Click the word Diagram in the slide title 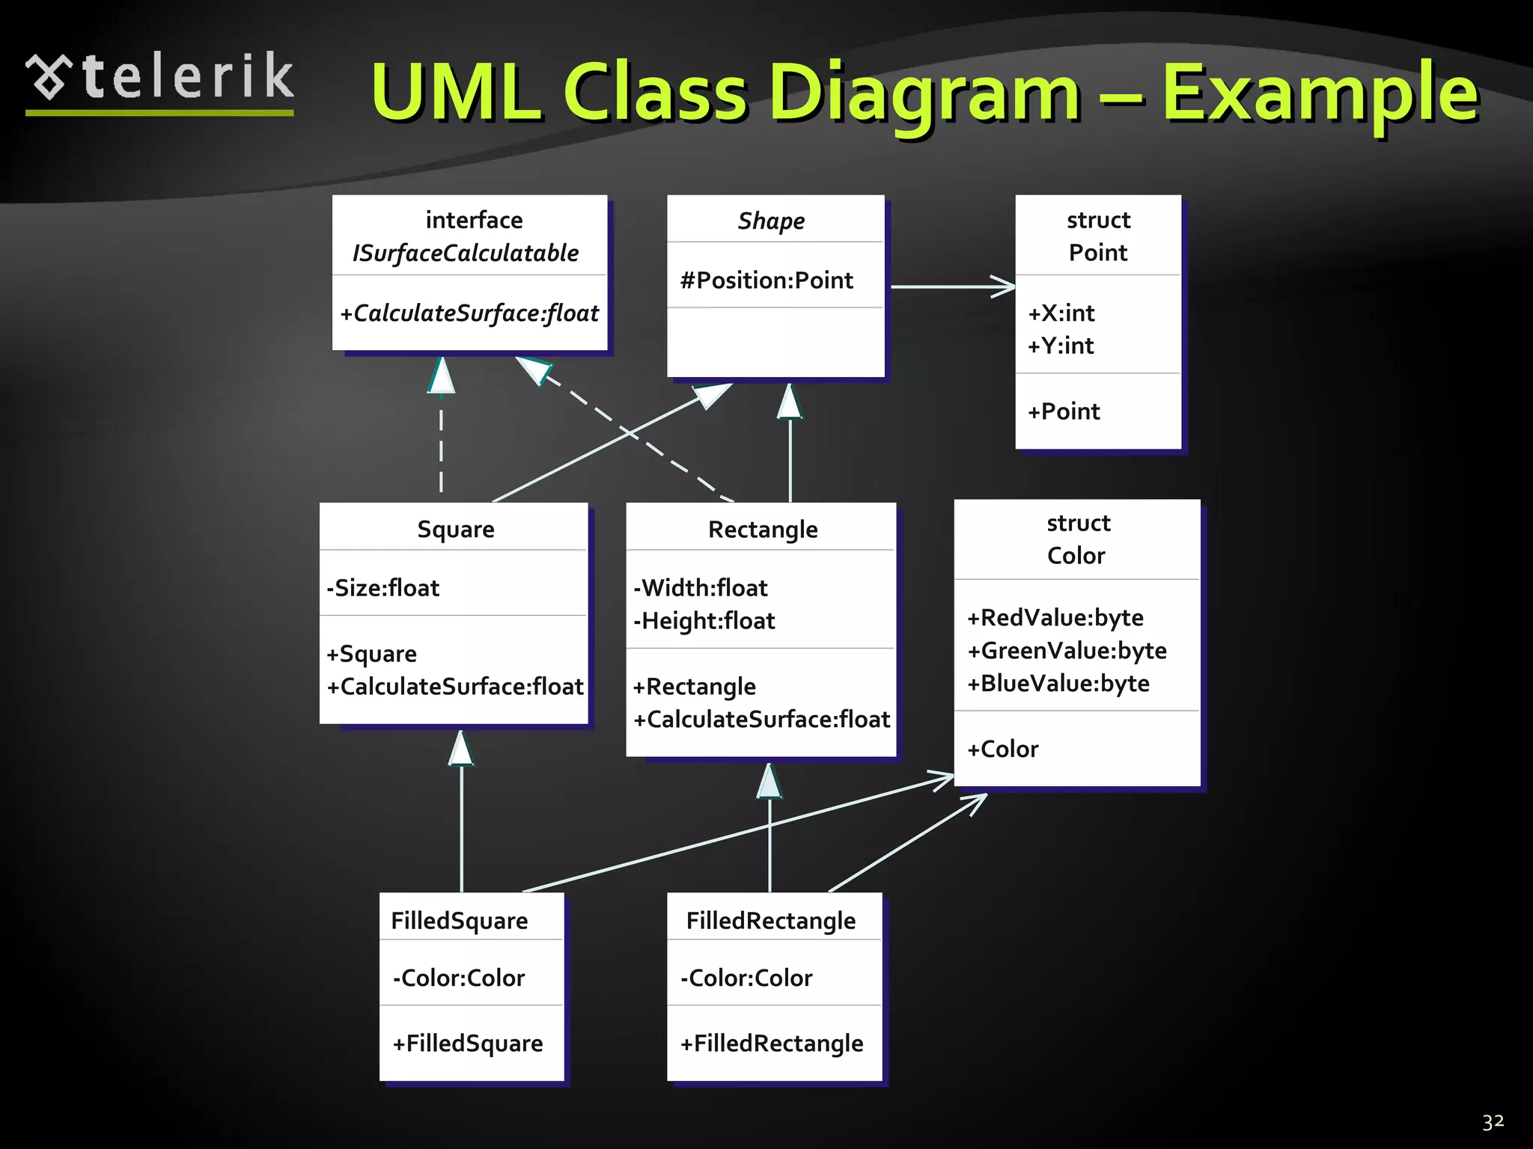coord(924,94)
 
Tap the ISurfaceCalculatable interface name coord(466,254)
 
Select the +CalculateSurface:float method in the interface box coord(469,313)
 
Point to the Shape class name coord(771,221)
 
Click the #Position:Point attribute coord(766,281)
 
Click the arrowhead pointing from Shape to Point coord(1004,286)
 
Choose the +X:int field coord(1061,313)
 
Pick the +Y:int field coord(1061,346)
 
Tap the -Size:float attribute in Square coord(383,589)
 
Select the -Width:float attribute coord(701,589)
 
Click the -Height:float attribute coord(704,622)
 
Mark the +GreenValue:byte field coord(1067,651)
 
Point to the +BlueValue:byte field coord(1058,684)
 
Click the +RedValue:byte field coord(1055,618)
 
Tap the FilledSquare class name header coord(460,921)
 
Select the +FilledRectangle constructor coord(772,1044)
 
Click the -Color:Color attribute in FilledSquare coord(459,978)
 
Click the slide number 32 coord(1493,1122)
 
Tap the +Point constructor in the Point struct coord(1064,411)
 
